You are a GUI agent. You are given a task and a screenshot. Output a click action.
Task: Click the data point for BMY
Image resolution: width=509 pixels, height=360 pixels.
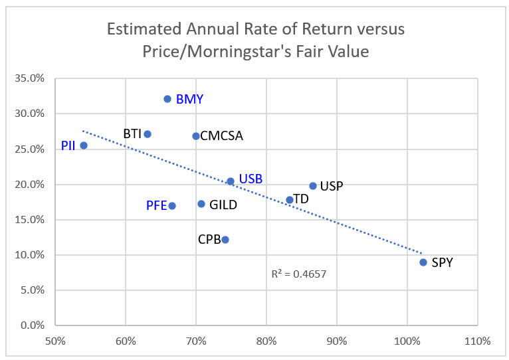point(167,99)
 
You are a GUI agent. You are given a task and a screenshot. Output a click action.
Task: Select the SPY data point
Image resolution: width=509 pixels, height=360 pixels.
point(423,262)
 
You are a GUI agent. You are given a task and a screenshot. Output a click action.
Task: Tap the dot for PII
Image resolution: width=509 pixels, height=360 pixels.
point(84,145)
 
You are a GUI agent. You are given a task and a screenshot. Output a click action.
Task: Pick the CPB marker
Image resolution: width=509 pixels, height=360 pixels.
point(225,240)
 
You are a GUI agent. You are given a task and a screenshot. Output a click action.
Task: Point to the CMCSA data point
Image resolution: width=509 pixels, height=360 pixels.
point(196,136)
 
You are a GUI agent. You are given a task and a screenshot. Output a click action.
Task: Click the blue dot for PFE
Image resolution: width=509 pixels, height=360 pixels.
point(172,206)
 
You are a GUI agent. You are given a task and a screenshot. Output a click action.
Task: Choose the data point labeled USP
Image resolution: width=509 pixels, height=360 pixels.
point(313,186)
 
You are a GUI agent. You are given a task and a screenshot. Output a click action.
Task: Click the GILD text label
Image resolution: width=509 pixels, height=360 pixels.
point(223,205)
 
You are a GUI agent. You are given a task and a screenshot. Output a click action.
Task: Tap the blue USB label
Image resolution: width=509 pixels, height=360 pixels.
point(251,179)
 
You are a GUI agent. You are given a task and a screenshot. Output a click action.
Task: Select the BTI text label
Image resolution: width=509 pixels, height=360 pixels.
point(133,134)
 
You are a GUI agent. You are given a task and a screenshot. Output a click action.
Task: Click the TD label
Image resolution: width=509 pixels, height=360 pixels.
point(301,199)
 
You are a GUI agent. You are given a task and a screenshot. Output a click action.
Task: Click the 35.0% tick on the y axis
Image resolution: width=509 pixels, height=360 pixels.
point(30,78)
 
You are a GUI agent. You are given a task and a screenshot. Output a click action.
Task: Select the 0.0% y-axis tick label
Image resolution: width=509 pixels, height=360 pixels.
point(33,325)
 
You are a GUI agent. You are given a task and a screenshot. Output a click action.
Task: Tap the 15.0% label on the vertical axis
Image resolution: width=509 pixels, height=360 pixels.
point(30,220)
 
